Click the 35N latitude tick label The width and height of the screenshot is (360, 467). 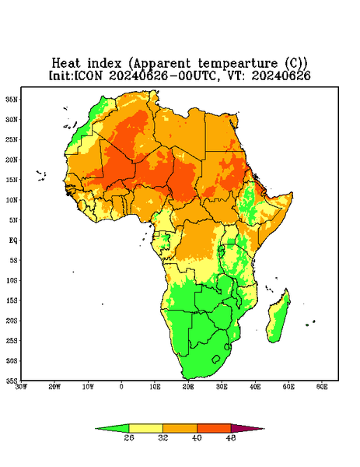coord(12,99)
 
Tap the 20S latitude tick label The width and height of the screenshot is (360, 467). coord(12,321)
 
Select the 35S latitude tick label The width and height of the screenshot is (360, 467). coord(12,381)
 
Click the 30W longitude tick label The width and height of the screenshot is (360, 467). coord(22,387)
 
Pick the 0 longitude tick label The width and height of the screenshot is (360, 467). coord(121,387)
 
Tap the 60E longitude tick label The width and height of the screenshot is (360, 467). coord(322,387)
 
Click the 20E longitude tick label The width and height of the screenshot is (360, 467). coord(188,387)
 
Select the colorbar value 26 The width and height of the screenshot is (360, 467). coord(129,437)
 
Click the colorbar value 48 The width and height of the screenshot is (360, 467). coord(231,437)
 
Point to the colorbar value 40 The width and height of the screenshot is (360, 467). coord(197,437)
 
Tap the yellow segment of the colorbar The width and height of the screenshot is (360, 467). coord(145,428)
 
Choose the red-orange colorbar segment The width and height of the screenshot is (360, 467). coord(214,428)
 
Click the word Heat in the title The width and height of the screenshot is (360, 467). coord(66,63)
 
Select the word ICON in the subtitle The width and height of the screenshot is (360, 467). coord(88,75)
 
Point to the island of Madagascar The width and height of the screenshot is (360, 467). coord(278,318)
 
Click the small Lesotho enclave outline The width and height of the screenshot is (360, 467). coord(216,359)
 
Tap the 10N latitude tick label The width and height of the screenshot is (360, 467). coord(12,200)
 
